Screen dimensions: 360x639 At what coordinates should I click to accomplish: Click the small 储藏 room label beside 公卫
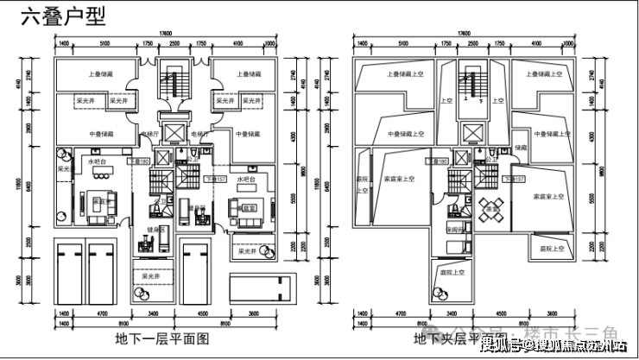[520, 148]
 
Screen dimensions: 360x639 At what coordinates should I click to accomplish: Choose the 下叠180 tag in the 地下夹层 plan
[437, 161]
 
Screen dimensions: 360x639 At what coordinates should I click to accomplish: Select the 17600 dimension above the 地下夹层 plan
[465, 33]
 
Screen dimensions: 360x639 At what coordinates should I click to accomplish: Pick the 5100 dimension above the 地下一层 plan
[104, 41]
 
